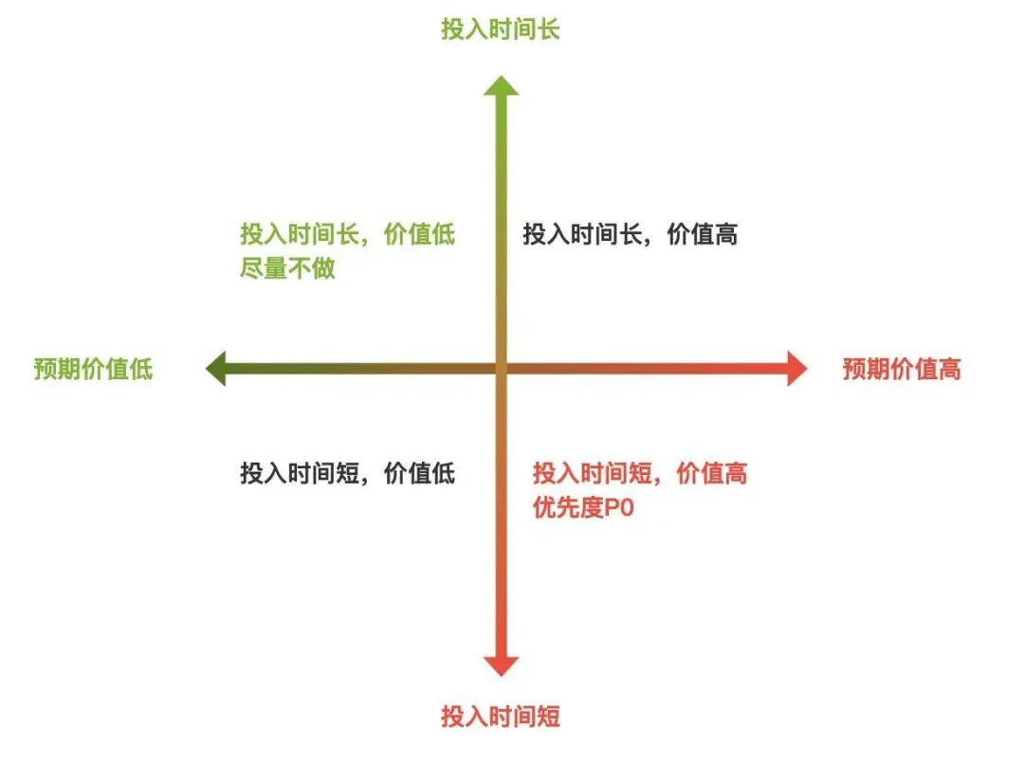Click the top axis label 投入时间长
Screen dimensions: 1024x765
coord(500,29)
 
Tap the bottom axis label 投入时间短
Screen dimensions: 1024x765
coord(500,716)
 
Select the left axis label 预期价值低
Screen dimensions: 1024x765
coord(93,369)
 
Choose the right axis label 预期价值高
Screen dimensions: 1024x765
coord(902,369)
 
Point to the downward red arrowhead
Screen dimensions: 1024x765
coord(502,665)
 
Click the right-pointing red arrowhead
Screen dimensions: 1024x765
coord(795,368)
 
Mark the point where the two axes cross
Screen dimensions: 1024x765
coord(502,368)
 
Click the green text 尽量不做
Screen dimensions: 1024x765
coord(287,269)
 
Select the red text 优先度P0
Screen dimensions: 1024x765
coord(582,508)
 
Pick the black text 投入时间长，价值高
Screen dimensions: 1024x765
coord(630,235)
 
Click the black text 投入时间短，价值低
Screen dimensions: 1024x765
coord(347,473)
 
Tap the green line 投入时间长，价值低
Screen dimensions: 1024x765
coord(347,235)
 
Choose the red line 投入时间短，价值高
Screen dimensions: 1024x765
coord(639,473)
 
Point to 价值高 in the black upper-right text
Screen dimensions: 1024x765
coord(702,235)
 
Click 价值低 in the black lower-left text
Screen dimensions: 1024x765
coord(419,473)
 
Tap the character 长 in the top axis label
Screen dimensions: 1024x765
coord(548,29)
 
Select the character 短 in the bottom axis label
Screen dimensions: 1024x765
coord(548,716)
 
